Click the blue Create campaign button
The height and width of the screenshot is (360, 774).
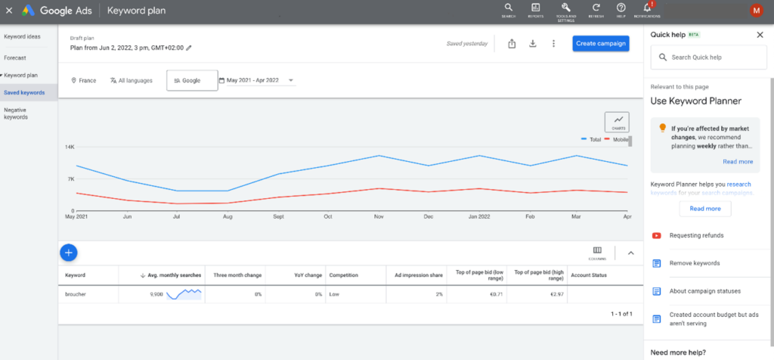(600, 43)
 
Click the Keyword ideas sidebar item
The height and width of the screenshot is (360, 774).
(22, 36)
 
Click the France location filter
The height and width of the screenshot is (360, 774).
(84, 80)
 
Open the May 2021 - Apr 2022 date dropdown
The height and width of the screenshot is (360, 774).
(255, 80)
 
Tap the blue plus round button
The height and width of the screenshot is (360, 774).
(68, 252)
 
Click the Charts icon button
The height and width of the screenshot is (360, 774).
(617, 121)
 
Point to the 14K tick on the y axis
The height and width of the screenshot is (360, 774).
(69, 147)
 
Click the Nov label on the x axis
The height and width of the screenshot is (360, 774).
(378, 216)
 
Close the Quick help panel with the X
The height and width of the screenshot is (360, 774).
(760, 35)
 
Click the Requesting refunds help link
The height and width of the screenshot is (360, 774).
(695, 235)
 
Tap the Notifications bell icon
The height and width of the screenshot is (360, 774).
(647, 8)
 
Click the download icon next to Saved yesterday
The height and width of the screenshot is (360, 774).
(532, 43)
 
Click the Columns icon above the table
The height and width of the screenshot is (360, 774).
(597, 251)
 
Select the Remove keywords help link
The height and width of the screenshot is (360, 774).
(695, 263)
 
